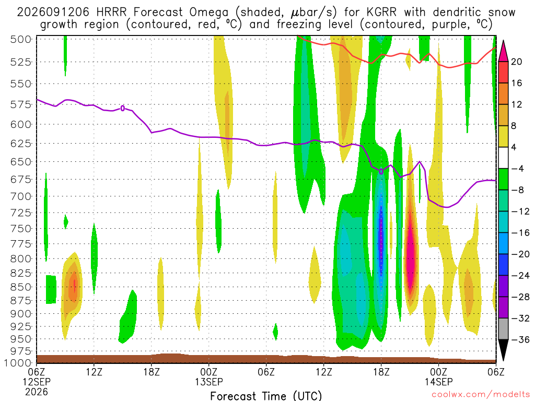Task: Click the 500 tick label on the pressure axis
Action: click(20, 39)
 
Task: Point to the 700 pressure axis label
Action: click(20, 196)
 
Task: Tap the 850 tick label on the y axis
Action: click(20, 287)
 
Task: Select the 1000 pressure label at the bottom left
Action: click(18, 363)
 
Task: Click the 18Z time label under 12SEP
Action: click(152, 372)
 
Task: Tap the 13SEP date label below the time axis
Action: click(209, 382)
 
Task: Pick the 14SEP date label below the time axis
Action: click(438, 382)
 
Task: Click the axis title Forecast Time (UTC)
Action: click(266, 396)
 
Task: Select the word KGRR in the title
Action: click(381, 13)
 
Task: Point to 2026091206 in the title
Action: click(53, 13)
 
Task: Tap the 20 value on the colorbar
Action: click(516, 62)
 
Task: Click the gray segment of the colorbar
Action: click(503, 329)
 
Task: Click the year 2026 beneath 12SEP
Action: click(36, 392)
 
